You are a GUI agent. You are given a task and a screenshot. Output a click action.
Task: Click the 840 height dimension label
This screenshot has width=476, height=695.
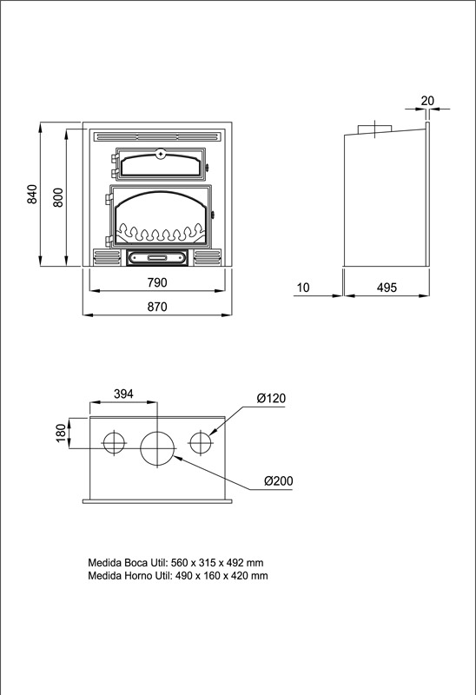click(x=32, y=195)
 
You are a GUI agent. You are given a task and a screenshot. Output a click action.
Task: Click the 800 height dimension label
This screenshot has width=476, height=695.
click(x=58, y=197)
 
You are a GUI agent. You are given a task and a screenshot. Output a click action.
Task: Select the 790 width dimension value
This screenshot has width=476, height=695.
click(x=157, y=282)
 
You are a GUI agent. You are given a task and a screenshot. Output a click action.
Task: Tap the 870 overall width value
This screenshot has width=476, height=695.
click(x=157, y=307)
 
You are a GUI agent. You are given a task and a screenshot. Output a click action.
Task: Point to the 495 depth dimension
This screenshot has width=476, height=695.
click(x=387, y=288)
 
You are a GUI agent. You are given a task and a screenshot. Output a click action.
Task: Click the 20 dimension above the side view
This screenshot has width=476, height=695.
click(x=427, y=101)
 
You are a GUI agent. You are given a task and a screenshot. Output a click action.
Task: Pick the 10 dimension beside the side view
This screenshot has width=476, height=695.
click(x=302, y=288)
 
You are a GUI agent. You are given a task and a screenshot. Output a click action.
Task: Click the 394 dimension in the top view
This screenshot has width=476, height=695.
click(x=123, y=394)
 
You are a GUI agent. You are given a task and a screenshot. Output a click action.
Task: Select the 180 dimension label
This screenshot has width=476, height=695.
click(x=62, y=433)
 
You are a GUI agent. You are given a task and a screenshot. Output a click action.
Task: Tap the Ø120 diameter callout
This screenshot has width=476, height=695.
click(x=271, y=398)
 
